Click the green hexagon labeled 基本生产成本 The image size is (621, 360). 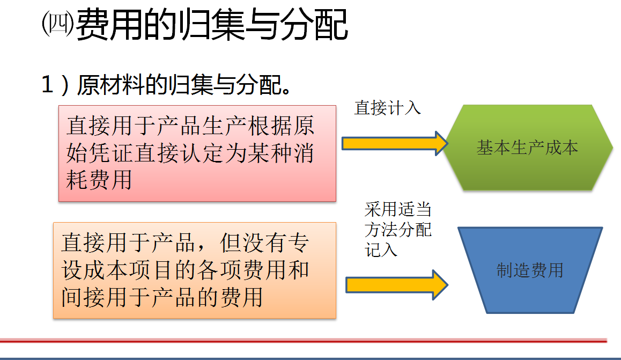point(527,148)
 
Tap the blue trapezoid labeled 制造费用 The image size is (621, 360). point(530,270)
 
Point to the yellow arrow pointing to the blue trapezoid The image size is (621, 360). point(396,285)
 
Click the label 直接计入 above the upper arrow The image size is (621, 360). point(387,108)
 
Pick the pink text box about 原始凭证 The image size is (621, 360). point(197,153)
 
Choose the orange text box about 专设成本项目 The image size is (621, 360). point(195,270)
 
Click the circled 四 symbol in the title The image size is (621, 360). point(57,24)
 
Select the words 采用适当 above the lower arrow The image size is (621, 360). point(398,210)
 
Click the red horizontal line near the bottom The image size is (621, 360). point(303,340)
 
